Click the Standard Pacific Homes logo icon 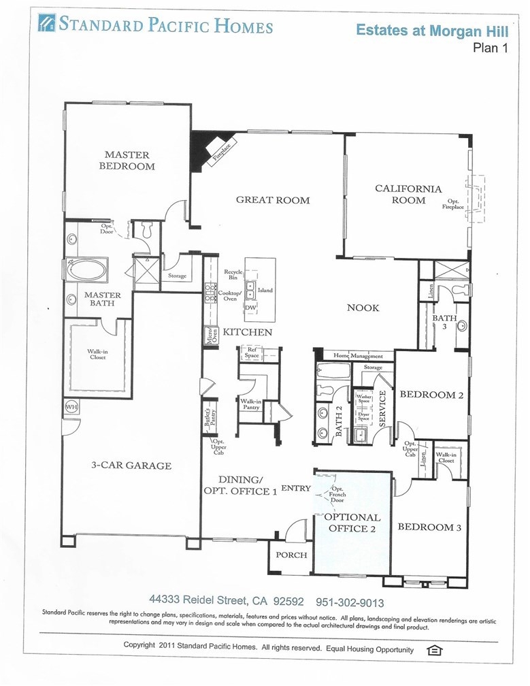pyautogui.click(x=47, y=22)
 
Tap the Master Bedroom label pyautogui.click(x=127, y=160)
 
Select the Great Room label pyautogui.click(x=273, y=200)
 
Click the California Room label pyautogui.click(x=408, y=194)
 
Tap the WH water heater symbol pyautogui.click(x=71, y=407)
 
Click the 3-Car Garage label pyautogui.click(x=131, y=465)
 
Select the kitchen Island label pyautogui.click(x=265, y=290)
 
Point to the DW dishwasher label pyautogui.click(x=250, y=308)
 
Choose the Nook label pyautogui.click(x=363, y=308)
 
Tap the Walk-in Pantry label pyautogui.click(x=251, y=404)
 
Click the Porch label pyautogui.click(x=291, y=555)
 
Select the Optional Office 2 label pyautogui.click(x=352, y=523)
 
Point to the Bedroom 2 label pyautogui.click(x=431, y=395)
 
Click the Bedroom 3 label pyautogui.click(x=429, y=527)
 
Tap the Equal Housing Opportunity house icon pyautogui.click(x=434, y=650)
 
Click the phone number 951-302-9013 pyautogui.click(x=350, y=603)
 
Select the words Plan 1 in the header pyautogui.click(x=491, y=48)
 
